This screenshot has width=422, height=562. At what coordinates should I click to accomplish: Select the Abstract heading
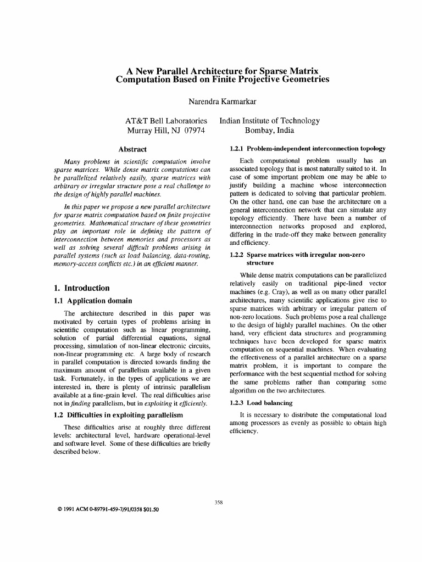(x=132, y=149)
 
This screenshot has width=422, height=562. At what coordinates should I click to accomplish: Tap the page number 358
(x=218, y=503)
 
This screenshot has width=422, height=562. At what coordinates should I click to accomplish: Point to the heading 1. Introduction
(x=82, y=288)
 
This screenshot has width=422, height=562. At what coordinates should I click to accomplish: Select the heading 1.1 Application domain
(x=93, y=301)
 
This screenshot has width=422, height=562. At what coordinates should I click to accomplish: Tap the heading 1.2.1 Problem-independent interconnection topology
(x=307, y=149)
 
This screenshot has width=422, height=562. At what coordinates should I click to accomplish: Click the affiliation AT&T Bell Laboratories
(x=166, y=121)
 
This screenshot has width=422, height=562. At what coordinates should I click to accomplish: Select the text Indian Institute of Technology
(x=269, y=121)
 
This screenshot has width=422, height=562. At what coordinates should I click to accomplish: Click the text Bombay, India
(x=269, y=131)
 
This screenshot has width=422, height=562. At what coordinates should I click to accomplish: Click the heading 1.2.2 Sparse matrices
(x=297, y=255)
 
